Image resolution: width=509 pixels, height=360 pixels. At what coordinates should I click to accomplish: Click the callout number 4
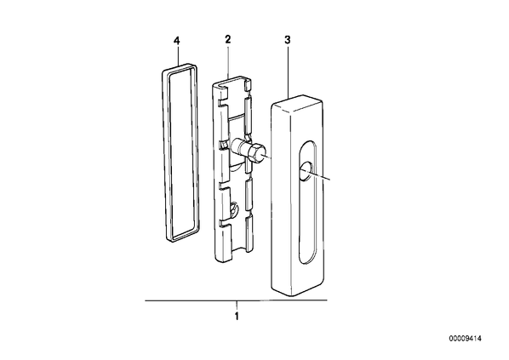[176, 41]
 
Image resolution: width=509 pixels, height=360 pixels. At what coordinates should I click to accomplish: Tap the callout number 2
[227, 40]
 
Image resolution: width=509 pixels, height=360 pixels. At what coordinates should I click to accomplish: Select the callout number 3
[288, 40]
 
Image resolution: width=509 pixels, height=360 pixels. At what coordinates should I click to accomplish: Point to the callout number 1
[237, 316]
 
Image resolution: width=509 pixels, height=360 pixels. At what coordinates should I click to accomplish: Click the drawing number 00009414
[466, 339]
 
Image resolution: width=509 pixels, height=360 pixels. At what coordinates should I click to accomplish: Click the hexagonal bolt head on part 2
[259, 152]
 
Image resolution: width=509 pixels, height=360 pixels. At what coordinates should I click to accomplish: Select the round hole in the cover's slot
[306, 170]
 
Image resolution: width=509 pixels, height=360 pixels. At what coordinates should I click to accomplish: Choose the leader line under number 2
[228, 61]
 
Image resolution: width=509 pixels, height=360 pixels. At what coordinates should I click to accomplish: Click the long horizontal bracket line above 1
[236, 300]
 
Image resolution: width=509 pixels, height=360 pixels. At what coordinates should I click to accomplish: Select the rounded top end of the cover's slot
[307, 146]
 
